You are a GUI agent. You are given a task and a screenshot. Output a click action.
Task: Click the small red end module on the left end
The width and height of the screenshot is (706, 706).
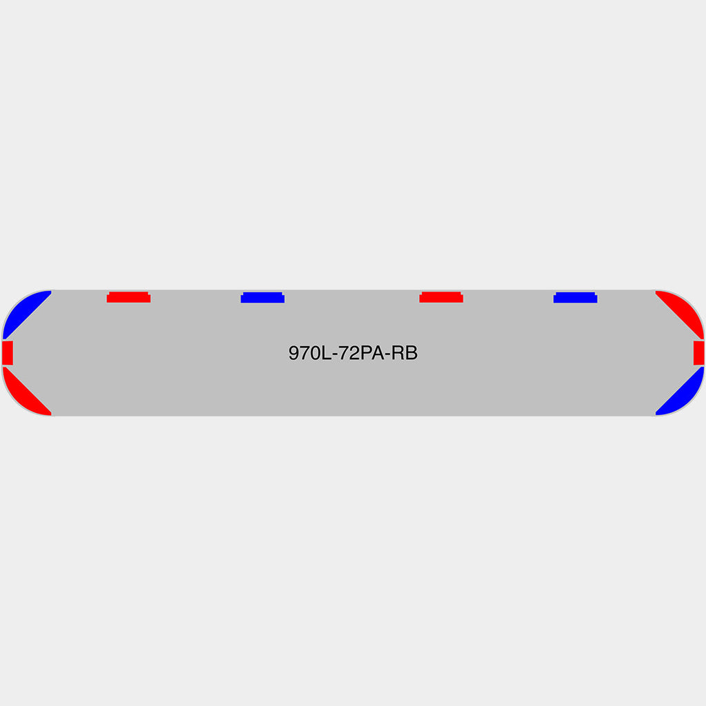click(8, 353)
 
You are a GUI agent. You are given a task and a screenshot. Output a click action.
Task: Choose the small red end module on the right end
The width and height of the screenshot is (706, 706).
click(699, 353)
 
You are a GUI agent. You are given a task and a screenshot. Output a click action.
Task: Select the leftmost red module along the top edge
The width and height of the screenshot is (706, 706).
click(129, 297)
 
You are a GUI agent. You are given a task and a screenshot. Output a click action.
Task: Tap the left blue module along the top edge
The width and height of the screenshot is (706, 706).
click(263, 298)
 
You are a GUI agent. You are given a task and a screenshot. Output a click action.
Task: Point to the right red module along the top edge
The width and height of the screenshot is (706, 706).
click(441, 297)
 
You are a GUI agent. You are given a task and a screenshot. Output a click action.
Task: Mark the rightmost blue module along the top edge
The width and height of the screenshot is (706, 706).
click(576, 298)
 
